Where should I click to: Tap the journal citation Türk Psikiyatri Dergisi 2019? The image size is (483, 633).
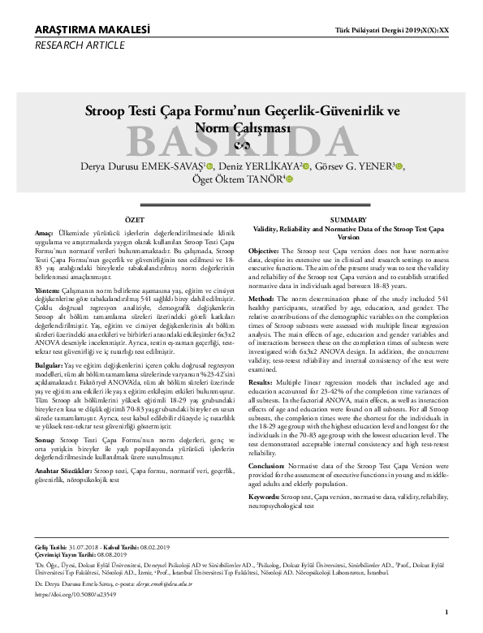pos(386,30)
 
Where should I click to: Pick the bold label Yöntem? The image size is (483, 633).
pos(48,290)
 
